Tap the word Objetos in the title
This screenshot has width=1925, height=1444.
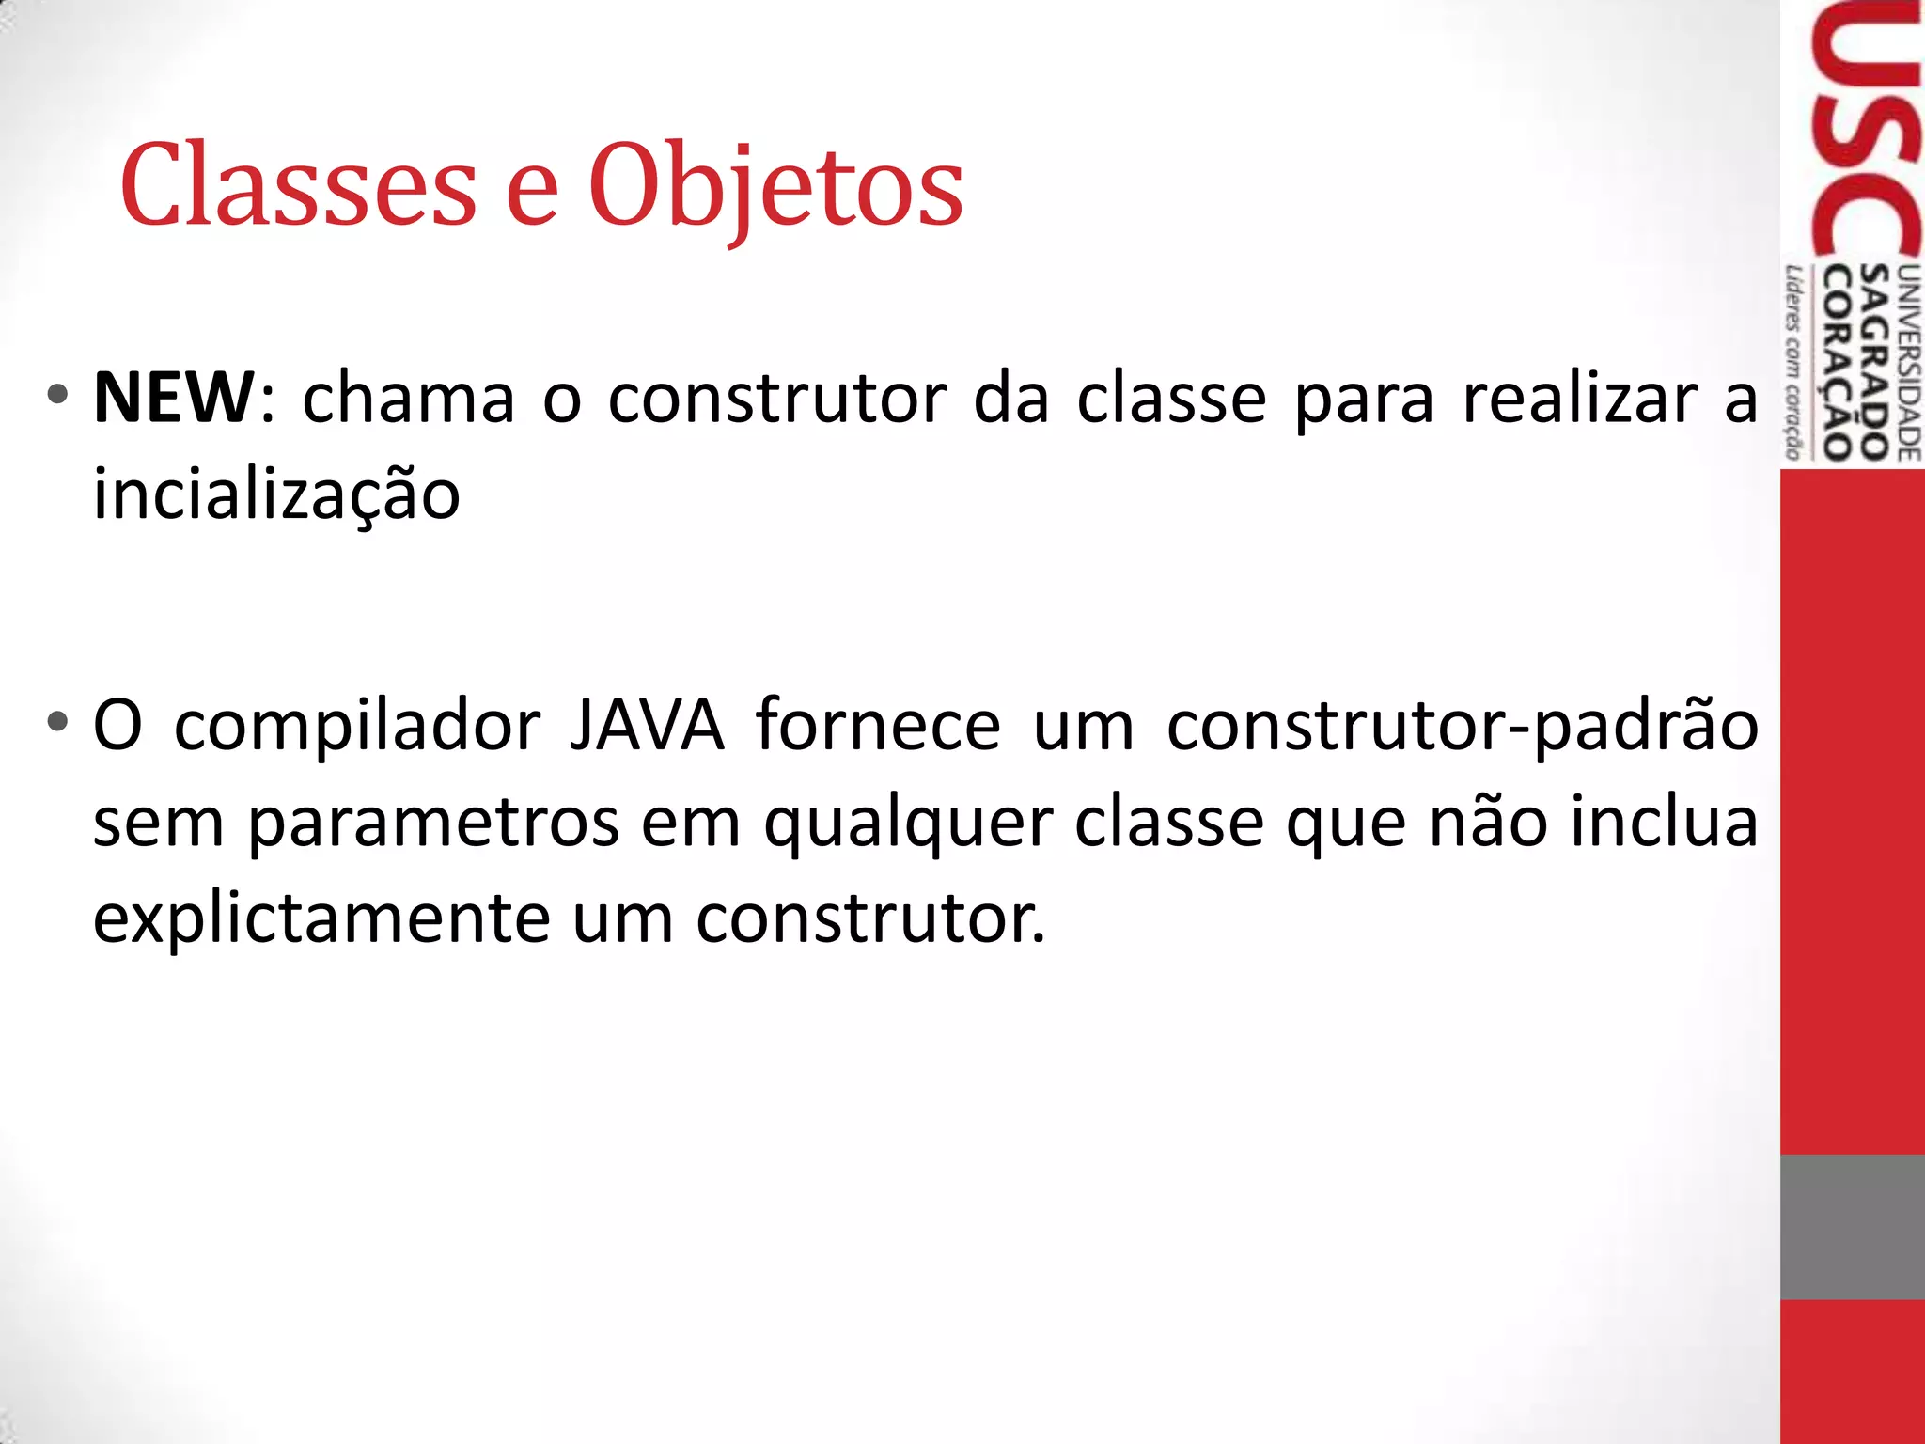[775, 186]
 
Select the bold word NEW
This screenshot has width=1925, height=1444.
[174, 399]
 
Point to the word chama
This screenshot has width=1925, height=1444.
[409, 399]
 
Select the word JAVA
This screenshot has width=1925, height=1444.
[648, 726]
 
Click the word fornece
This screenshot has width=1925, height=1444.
[878, 726]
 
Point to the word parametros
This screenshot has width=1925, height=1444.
[433, 824]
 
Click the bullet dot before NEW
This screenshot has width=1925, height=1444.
[58, 394]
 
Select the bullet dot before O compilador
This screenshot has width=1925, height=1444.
[58, 722]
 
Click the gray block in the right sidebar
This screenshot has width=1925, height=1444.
[1852, 1227]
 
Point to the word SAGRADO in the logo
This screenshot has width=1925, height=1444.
[1876, 362]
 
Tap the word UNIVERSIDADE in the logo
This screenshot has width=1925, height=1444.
[1909, 362]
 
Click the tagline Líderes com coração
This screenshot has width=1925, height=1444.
[1794, 362]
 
